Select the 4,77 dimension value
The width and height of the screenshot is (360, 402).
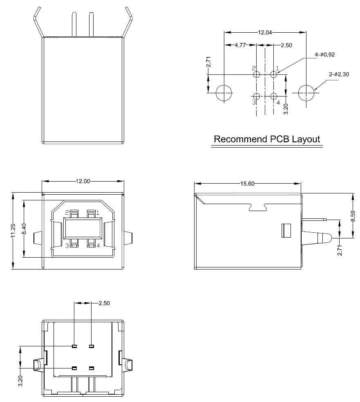click(x=240, y=45)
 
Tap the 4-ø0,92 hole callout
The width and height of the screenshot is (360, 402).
click(x=325, y=54)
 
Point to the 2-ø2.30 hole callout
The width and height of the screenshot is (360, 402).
click(x=339, y=74)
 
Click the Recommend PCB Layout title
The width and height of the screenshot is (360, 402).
click(x=267, y=139)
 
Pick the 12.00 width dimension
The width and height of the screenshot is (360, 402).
click(x=83, y=181)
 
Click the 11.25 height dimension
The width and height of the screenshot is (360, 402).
click(x=13, y=231)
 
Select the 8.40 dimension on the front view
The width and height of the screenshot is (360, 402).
click(x=25, y=229)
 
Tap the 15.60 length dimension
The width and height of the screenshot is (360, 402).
click(x=248, y=184)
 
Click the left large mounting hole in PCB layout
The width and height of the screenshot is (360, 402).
click(x=224, y=93)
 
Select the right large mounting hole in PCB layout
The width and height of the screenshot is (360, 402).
click(x=306, y=93)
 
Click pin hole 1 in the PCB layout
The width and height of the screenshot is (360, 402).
click(x=274, y=74)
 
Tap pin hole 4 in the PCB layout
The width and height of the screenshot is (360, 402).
click(x=274, y=97)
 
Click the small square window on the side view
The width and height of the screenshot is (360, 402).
click(x=285, y=230)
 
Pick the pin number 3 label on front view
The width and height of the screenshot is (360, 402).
click(x=67, y=246)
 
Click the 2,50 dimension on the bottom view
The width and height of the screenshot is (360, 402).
click(x=104, y=303)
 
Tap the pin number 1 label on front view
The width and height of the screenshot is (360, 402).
click(x=98, y=212)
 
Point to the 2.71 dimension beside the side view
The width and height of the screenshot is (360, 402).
click(x=340, y=249)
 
